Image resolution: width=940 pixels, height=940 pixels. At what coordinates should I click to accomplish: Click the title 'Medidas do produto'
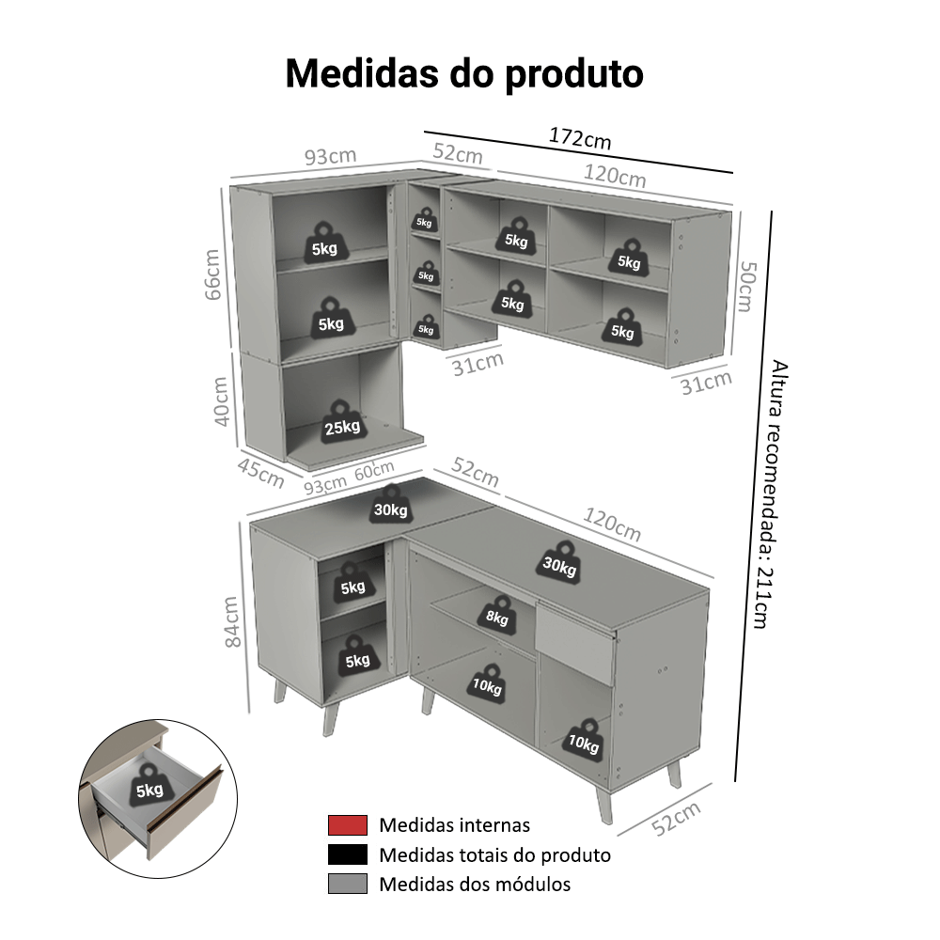tap(464, 73)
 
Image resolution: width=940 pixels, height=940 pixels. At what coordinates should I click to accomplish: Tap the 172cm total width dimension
tap(580, 139)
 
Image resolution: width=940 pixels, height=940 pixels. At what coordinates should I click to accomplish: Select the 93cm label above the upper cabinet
tap(330, 156)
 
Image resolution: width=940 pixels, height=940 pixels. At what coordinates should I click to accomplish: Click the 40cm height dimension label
tap(221, 402)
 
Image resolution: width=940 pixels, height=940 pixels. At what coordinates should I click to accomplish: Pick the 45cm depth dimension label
tap(259, 473)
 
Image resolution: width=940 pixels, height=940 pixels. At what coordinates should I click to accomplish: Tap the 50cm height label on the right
tap(745, 288)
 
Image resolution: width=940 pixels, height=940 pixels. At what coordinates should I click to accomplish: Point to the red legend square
tap(347, 825)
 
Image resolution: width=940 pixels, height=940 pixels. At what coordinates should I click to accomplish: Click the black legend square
tap(347, 854)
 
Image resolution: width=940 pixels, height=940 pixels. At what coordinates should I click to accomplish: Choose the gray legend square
tap(347, 884)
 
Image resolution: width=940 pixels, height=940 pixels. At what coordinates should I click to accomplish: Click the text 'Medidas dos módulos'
tap(474, 884)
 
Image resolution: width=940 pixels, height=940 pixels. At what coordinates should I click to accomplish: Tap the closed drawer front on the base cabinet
tap(574, 646)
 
